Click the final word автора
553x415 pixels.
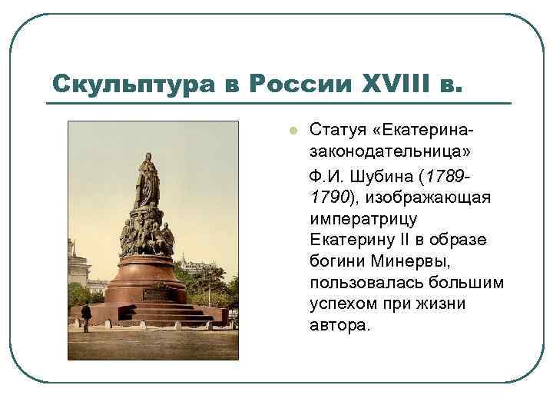tap(339, 325)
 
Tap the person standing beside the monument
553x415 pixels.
tap(86, 315)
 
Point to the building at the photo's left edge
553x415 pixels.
tap(76, 265)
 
